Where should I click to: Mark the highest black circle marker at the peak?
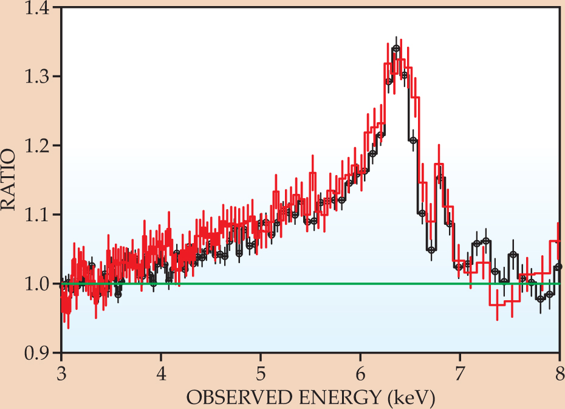tap(396, 49)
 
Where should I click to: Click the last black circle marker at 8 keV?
tap(558, 267)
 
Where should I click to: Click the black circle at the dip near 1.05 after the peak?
tap(431, 250)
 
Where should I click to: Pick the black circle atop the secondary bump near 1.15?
tap(440, 177)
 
